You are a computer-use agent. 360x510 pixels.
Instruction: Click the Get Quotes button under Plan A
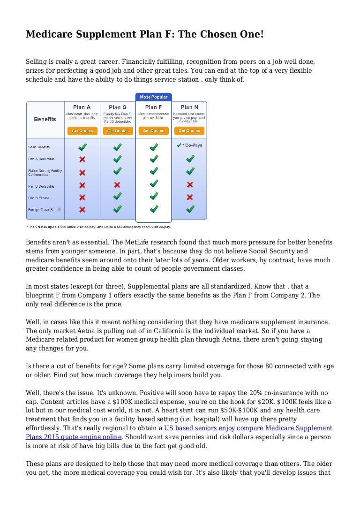pos(82,131)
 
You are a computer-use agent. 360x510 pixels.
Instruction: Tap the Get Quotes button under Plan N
pos(189,131)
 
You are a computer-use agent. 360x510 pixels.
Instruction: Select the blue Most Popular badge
pos(153,97)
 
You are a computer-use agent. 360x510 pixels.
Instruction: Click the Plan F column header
pos(154,107)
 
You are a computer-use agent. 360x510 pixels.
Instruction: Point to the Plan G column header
pos(118,107)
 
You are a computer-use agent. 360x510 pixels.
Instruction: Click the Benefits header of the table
pos(45,119)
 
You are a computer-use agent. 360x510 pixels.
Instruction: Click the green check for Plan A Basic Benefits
pos(82,147)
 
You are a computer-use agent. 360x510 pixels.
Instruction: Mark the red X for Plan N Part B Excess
pos(190,197)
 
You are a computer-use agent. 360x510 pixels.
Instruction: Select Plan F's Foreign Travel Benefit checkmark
pos(154,209)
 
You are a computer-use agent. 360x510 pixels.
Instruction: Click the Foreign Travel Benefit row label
pos(45,209)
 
